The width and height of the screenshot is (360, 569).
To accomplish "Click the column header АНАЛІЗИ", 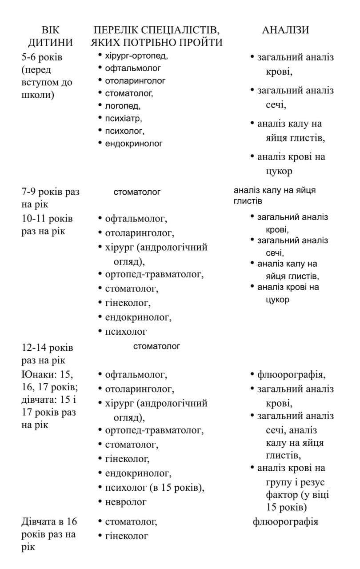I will (285, 30).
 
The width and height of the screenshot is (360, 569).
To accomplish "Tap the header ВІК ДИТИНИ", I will (50, 36).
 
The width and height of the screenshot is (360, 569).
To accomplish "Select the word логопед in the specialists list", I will (122, 106).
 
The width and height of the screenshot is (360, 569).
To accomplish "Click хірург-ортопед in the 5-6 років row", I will (136, 56).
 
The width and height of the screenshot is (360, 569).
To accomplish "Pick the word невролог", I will (126, 502).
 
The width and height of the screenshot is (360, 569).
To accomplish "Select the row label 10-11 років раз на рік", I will (47, 225).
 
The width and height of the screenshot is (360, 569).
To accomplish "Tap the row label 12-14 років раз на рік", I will (47, 353).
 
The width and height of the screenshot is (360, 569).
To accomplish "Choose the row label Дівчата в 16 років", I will (48, 534).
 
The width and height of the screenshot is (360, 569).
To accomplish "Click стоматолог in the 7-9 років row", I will (137, 192).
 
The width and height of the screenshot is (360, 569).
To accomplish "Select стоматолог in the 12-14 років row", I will (156, 346).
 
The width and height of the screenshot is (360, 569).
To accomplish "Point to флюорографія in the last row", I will (285, 521).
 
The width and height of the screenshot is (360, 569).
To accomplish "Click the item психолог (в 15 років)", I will (155, 488).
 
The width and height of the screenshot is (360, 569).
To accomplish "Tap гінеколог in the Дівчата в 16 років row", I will (126, 536).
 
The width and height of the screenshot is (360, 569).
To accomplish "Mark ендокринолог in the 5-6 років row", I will (133, 144).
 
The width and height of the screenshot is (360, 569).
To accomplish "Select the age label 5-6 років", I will (42, 57).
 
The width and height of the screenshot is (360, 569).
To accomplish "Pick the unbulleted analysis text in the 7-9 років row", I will (274, 196).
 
